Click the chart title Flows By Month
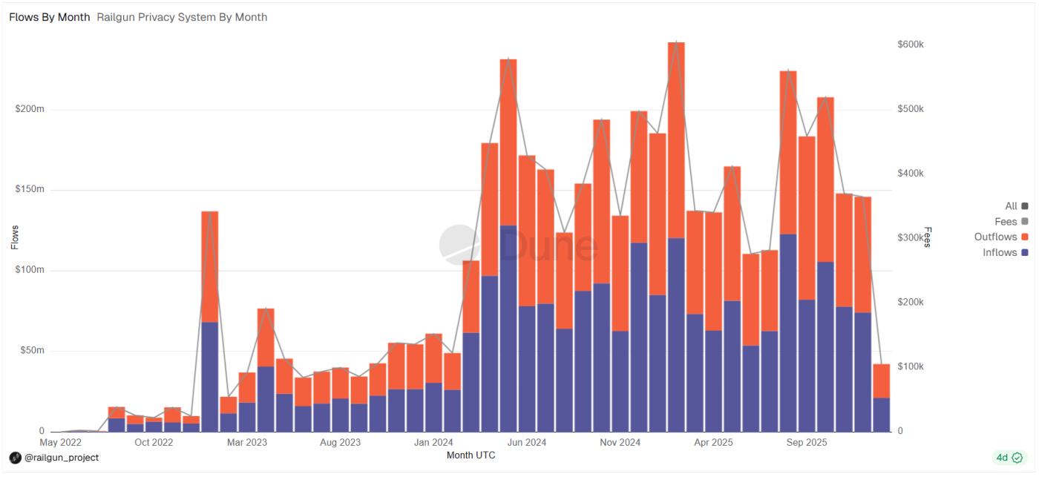point(50,17)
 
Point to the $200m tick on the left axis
point(30,109)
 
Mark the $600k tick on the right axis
point(911,45)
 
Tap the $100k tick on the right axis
point(911,366)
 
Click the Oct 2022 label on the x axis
point(154,443)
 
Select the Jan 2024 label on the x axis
point(433,443)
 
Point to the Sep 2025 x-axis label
point(806,443)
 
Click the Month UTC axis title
point(471,455)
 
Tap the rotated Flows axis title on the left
point(15,237)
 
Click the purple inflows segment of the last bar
point(881,415)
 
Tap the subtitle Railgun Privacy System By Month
point(182,17)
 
